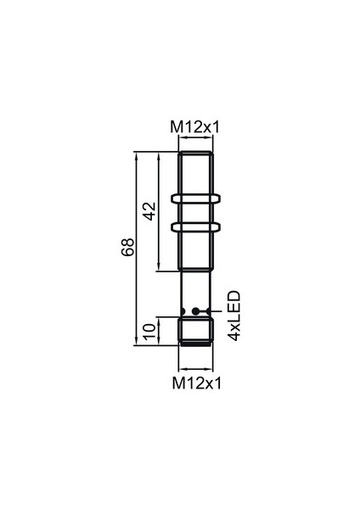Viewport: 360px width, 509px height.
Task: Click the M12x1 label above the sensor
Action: click(196, 127)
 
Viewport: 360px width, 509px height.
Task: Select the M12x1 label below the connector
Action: click(196, 383)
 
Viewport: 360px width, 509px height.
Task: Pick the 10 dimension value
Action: click(149, 331)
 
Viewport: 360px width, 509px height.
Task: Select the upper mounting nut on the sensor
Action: click(196, 200)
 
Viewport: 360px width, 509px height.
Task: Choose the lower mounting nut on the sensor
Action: click(196, 227)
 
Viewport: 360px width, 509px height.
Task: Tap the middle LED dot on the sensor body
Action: click(197, 310)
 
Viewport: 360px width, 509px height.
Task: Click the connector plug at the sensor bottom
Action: click(196, 331)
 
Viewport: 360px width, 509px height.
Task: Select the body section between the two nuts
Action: click(196, 214)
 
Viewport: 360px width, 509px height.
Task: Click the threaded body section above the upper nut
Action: click(196, 173)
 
